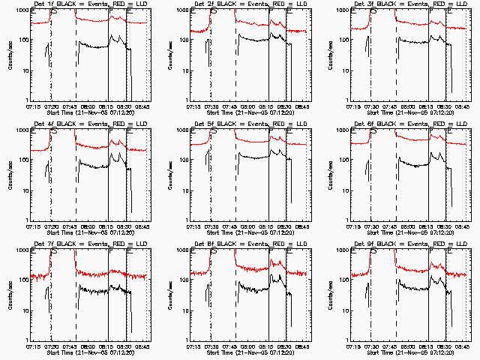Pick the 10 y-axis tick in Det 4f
[x=25, y=190]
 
